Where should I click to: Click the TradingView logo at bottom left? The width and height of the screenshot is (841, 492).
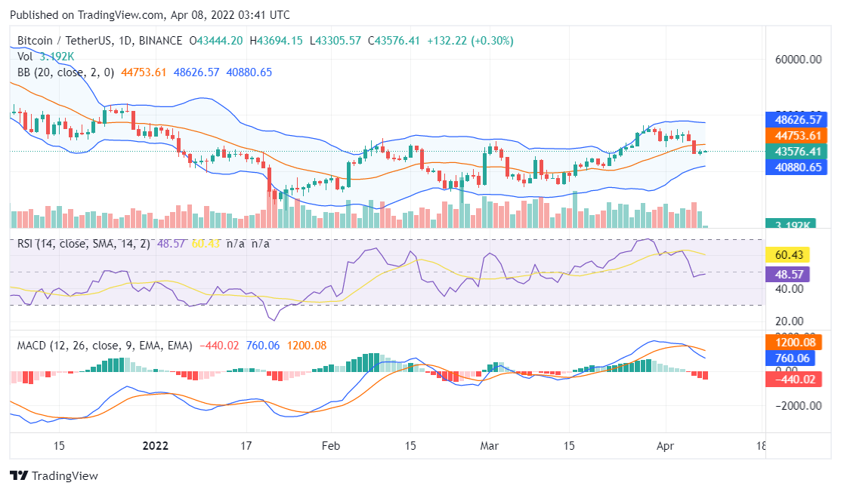(x=54, y=475)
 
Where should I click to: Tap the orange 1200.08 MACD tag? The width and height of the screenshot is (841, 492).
(x=793, y=342)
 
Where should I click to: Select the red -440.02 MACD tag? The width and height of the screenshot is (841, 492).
(x=793, y=379)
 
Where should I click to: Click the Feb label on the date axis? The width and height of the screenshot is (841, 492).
(x=329, y=445)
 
